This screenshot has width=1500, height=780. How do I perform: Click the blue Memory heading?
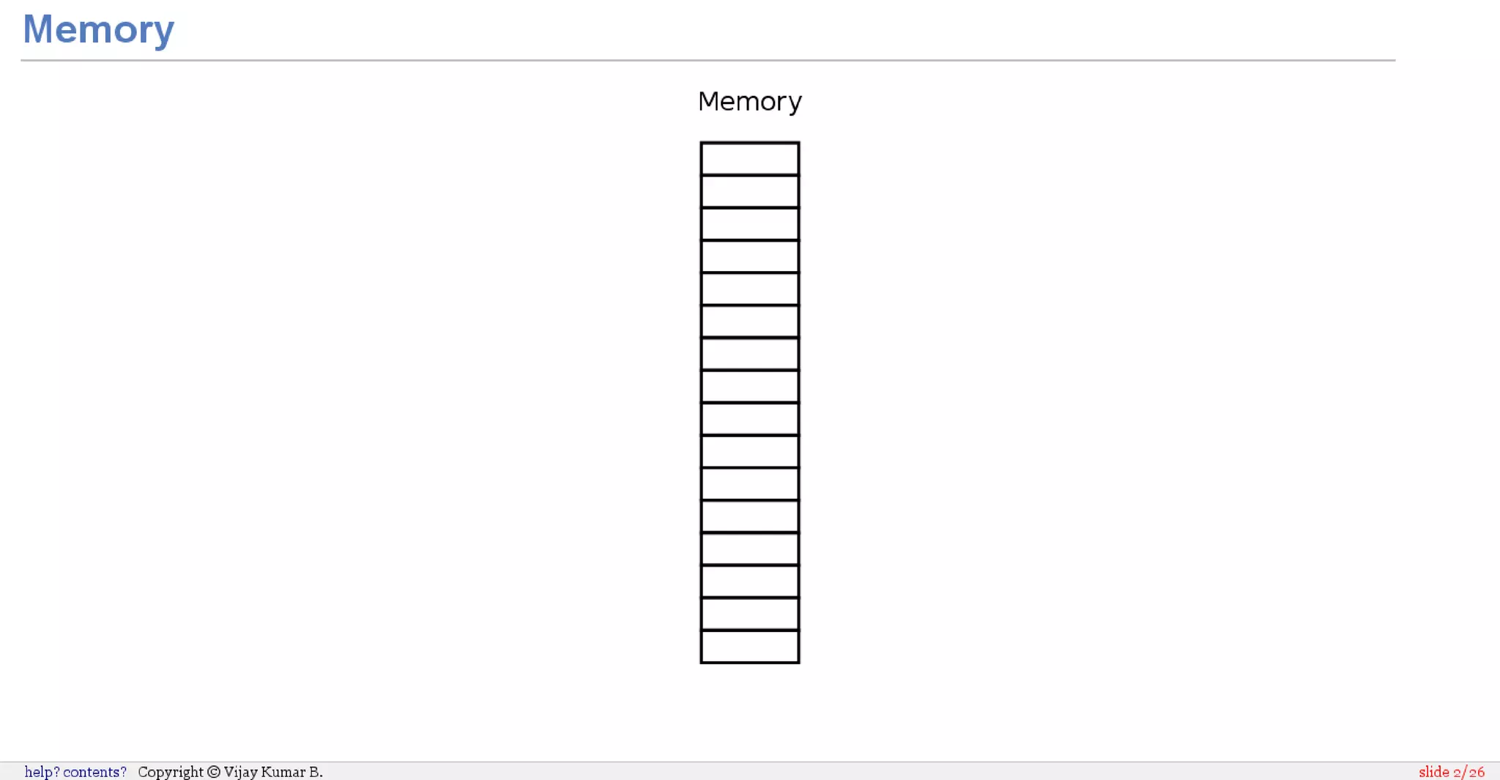98,29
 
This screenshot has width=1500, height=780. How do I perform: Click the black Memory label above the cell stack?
749,101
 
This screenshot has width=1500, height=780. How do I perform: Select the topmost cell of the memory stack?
749,159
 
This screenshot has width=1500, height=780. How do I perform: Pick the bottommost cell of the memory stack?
749,647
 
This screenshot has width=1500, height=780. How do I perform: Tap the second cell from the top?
749,191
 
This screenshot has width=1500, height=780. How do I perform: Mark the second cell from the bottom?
749,614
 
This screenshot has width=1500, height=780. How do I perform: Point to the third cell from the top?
749,224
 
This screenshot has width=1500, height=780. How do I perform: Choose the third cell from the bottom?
749,582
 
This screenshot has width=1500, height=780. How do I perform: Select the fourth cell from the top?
749,256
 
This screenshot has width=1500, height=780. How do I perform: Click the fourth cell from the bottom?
749,549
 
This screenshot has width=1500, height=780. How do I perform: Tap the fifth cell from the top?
749,289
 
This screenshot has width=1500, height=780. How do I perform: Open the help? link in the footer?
42,772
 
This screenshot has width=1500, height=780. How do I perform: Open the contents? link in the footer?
94,772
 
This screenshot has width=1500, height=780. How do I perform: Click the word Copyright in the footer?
171,772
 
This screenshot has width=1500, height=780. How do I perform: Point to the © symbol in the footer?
214,772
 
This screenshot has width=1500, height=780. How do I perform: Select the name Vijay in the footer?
240,772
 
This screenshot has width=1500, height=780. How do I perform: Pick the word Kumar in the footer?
283,772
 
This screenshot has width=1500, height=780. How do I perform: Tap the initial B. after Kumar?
316,772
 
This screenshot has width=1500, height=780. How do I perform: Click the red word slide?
1433,772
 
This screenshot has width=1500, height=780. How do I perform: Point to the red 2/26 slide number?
1469,772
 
